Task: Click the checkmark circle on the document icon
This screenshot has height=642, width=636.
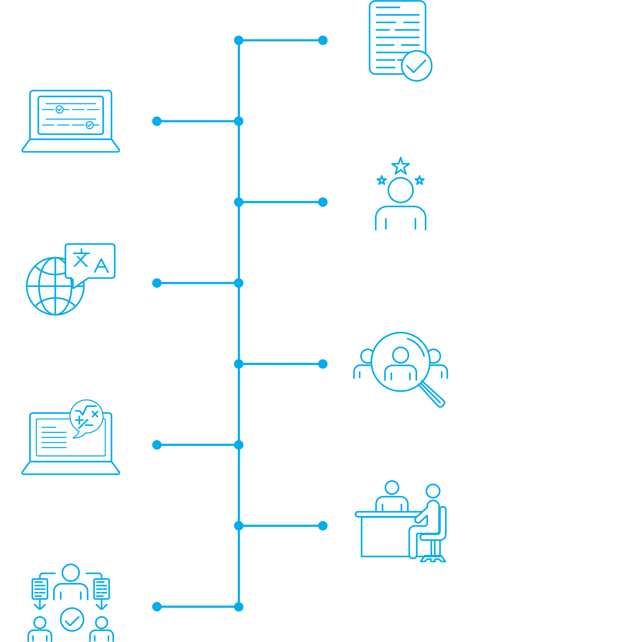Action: tap(417, 66)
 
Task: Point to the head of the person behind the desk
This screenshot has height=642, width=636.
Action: tap(392, 488)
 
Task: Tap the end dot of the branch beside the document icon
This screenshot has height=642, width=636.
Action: tap(323, 40)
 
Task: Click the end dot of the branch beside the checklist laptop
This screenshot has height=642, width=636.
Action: tap(157, 121)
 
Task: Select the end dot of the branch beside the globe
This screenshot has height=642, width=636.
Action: tap(157, 283)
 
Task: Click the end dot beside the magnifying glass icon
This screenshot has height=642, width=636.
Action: tap(323, 364)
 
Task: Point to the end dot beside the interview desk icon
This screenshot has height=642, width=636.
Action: tap(323, 526)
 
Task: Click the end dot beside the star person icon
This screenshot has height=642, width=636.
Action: tap(323, 202)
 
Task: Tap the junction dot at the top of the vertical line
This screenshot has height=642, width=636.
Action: tap(239, 40)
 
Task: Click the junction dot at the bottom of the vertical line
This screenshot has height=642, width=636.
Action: tap(239, 607)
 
